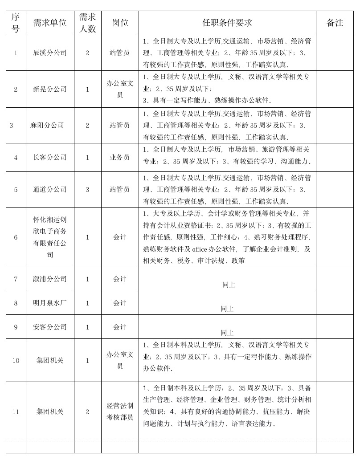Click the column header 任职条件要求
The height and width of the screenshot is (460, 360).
tap(227, 23)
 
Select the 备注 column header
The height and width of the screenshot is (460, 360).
tap(335, 23)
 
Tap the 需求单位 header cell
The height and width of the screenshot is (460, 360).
tap(50, 23)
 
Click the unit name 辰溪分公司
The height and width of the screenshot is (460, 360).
tap(50, 53)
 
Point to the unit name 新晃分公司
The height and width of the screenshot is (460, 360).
tap(50, 89)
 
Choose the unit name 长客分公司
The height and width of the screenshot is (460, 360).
tap(50, 157)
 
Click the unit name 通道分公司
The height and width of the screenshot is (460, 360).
tap(50, 189)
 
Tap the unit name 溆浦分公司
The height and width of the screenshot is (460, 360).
tap(50, 279)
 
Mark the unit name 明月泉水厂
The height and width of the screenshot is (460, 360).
tap(50, 303)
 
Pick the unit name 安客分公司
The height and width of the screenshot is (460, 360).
tap(50, 327)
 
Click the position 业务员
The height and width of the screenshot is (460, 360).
tap(120, 157)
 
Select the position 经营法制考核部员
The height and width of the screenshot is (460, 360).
tap(120, 411)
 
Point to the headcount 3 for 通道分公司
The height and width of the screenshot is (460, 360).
tap(87, 189)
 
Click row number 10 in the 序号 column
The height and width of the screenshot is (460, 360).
tap(16, 360)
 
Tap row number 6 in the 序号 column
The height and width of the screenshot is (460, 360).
tap(16, 237)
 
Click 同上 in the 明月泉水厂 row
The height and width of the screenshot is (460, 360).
tap(227, 309)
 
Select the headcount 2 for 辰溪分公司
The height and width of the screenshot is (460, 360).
tap(87, 53)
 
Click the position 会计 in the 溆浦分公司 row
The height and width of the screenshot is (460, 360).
tap(120, 279)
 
